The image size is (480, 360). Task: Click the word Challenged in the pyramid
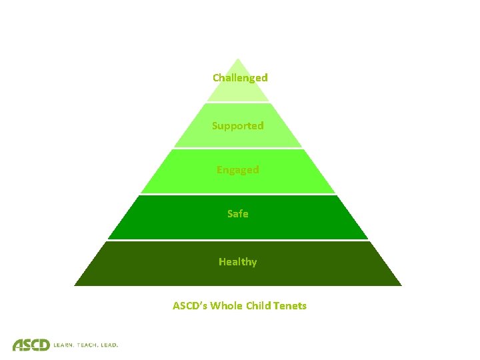point(240,77)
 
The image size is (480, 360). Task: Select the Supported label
point(238,125)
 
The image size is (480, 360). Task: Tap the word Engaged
point(237,170)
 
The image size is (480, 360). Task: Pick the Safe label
point(238,214)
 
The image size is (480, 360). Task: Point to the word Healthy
point(237,262)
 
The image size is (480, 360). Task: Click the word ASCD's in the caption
point(190,306)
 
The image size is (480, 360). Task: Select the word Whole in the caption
point(226,306)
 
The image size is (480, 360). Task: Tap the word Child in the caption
point(259,306)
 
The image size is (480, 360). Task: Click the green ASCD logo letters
point(31,344)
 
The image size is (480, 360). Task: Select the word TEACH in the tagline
point(88,345)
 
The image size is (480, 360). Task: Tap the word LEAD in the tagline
point(109,345)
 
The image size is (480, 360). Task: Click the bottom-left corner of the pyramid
point(75,285)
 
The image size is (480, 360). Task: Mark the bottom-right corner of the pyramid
point(401,285)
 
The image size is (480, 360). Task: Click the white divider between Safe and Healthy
point(238,240)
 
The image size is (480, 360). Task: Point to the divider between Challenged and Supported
point(238,102)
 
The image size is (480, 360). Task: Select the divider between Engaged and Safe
point(238,194)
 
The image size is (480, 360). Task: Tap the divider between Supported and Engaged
point(238,148)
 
